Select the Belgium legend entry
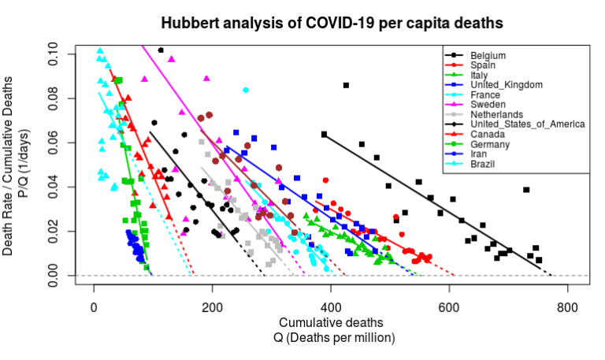pos(488,56)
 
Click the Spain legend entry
pos(483,65)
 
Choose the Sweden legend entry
pos(488,104)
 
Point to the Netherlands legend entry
pos(496,113)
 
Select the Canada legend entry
pos(486,133)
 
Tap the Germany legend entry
pos(489,143)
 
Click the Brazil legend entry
pos(482,162)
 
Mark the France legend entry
pos(484,95)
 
